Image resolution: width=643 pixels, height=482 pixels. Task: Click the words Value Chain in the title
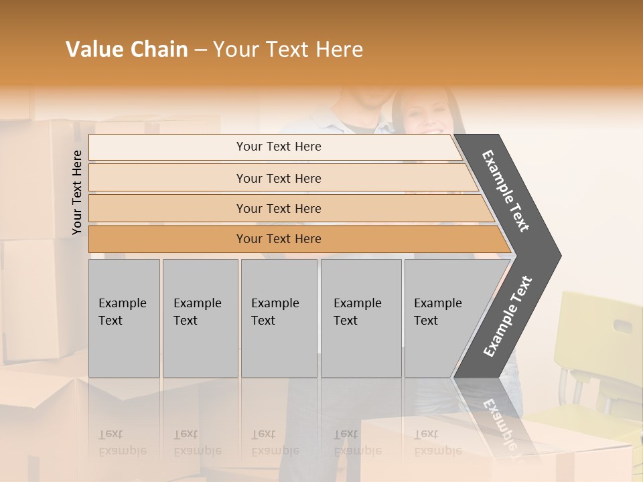(127, 50)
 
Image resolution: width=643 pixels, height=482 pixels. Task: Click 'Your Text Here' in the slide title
(288, 50)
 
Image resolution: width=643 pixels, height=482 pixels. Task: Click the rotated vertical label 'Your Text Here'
(77, 192)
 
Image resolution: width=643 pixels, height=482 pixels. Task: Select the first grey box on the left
(124, 318)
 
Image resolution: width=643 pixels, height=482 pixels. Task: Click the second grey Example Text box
(200, 318)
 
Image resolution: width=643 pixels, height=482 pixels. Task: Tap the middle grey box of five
(279, 318)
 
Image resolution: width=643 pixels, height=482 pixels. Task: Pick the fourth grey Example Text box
(360, 318)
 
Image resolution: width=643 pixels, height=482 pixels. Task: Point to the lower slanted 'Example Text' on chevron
(508, 316)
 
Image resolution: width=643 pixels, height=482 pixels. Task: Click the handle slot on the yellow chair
(622, 326)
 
